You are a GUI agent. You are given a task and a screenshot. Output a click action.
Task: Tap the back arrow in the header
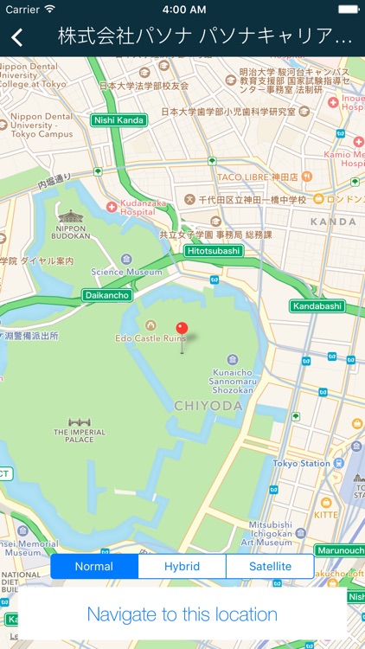tap(16, 36)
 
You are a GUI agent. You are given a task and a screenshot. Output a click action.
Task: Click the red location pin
tap(182, 329)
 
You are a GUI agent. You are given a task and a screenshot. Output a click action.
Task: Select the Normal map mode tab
tap(94, 567)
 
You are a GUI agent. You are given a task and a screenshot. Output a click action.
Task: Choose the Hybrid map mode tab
tap(182, 567)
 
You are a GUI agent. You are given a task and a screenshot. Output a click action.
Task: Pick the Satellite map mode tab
tap(269, 567)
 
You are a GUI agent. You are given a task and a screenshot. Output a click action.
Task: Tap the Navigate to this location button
tap(182, 614)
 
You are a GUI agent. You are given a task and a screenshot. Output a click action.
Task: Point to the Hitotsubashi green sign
tap(213, 251)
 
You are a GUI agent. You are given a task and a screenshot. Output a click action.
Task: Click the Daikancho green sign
tap(107, 295)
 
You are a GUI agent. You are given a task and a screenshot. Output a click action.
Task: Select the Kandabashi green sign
tap(317, 306)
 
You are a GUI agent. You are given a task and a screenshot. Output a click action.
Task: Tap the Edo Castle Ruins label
tap(151, 337)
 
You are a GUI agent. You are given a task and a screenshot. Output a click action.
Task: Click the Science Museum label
tap(125, 271)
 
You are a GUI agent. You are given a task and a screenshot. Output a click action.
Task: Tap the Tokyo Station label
tap(302, 463)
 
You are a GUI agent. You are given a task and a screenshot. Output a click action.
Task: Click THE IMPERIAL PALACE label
tap(79, 434)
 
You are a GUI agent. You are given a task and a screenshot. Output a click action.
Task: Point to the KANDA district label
tap(332, 222)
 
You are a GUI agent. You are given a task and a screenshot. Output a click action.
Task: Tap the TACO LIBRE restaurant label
tap(257, 177)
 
